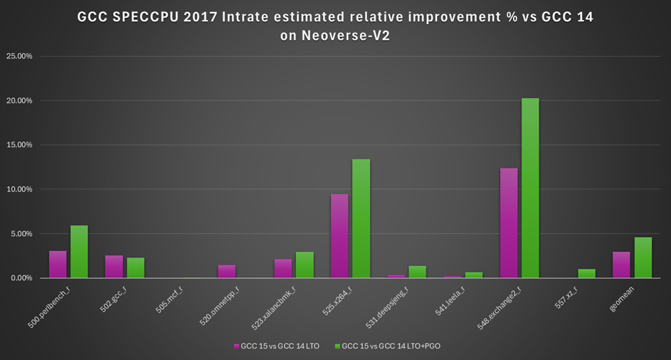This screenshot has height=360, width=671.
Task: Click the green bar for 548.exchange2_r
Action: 530,188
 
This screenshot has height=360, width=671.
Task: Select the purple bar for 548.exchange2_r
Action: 509,223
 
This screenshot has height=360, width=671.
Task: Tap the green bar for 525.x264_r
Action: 361,218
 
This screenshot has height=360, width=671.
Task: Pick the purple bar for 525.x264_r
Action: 339,235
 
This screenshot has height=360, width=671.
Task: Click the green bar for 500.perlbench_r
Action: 79,252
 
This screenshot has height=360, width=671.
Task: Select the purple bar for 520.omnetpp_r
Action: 227,271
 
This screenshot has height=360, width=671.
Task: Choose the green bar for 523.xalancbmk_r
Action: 305,265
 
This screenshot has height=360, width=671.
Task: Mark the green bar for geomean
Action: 643,258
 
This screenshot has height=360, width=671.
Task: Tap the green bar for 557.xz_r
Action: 586,273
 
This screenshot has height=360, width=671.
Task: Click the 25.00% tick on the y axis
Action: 19,56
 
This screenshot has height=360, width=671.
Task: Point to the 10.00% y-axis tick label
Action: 19,189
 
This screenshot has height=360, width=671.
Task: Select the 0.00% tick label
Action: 21,278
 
